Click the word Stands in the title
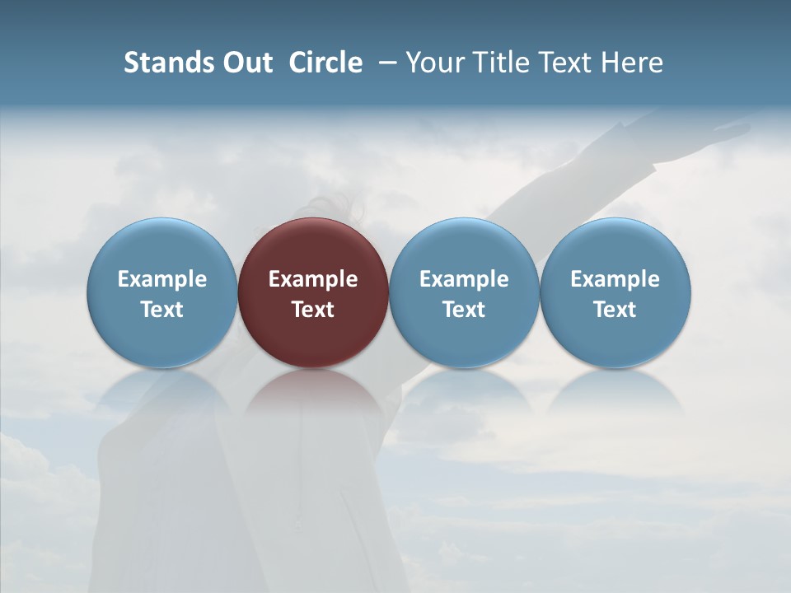[x=157, y=63]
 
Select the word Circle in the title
[x=325, y=63]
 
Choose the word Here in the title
[x=632, y=63]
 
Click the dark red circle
[x=313, y=247]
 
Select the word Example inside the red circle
[x=313, y=279]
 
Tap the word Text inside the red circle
[x=313, y=310]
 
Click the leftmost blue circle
[x=161, y=247]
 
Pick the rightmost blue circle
[x=615, y=247]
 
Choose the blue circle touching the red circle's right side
[x=464, y=247]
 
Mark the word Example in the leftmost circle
[x=161, y=279]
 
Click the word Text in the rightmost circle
[x=615, y=310]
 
